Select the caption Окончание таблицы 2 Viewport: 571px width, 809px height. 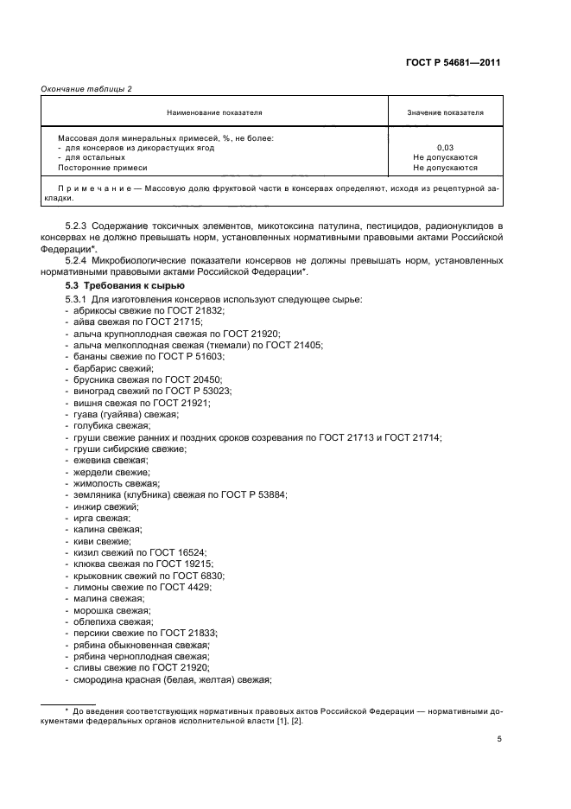click(86, 88)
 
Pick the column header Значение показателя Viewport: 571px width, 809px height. click(445, 112)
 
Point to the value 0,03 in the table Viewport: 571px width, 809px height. click(445, 148)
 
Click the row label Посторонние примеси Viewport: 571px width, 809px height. click(103, 169)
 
